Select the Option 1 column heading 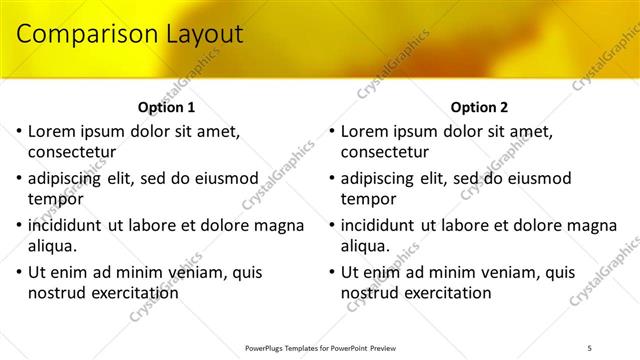coord(166,107)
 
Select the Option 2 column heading coord(480,107)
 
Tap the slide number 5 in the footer coord(589,347)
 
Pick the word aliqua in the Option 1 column coord(54,246)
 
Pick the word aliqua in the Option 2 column coord(367,246)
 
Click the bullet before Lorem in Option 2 coord(333,131)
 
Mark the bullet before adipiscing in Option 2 coord(333,178)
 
